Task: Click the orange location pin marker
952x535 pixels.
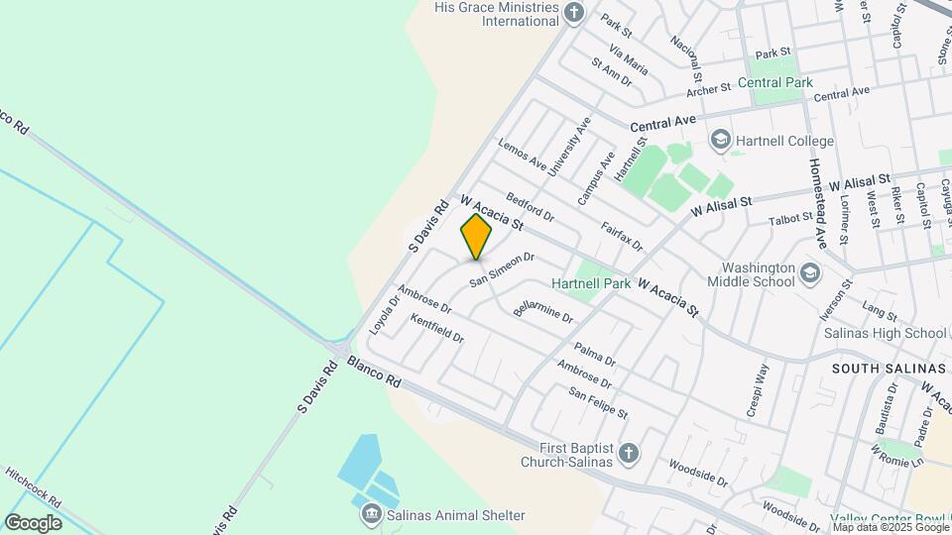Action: (x=477, y=237)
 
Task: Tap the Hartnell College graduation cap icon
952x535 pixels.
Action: (x=720, y=140)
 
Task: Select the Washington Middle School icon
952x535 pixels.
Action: (x=810, y=272)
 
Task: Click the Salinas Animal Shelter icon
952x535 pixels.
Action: (x=371, y=514)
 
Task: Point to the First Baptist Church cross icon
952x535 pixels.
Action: (x=627, y=454)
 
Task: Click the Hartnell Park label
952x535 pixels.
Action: (x=591, y=283)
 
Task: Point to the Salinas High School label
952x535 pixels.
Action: (x=886, y=333)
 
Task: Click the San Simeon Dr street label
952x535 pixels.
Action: (x=502, y=269)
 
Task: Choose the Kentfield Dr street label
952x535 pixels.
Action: (x=437, y=330)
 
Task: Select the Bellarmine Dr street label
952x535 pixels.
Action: (x=543, y=314)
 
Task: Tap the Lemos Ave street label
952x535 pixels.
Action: (x=523, y=155)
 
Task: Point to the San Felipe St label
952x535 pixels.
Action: (x=598, y=402)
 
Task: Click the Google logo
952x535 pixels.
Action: (x=33, y=523)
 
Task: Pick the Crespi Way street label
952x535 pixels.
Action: (x=757, y=389)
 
